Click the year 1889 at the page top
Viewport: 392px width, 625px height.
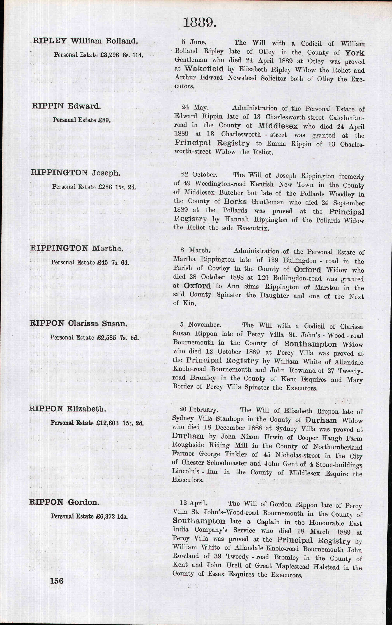pos(199,23)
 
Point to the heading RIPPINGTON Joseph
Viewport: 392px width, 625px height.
pos(76,173)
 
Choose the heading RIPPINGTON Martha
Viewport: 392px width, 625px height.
pos(77,248)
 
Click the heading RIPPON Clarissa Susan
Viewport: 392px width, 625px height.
pos(79,323)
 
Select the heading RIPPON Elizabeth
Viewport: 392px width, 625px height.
pos(68,409)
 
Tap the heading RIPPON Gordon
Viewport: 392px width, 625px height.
pos(64,502)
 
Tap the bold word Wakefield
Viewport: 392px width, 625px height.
pos(204,69)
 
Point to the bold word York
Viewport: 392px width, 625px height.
pos(354,53)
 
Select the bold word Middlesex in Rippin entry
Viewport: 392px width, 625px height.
pos(278,126)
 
